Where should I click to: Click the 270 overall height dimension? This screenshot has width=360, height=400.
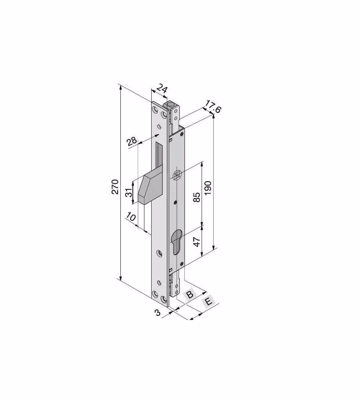click(x=115, y=187)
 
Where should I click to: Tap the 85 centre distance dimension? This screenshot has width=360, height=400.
click(x=197, y=197)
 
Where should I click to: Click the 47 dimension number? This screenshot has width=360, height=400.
click(x=197, y=242)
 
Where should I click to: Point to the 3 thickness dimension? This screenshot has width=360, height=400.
click(x=158, y=312)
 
